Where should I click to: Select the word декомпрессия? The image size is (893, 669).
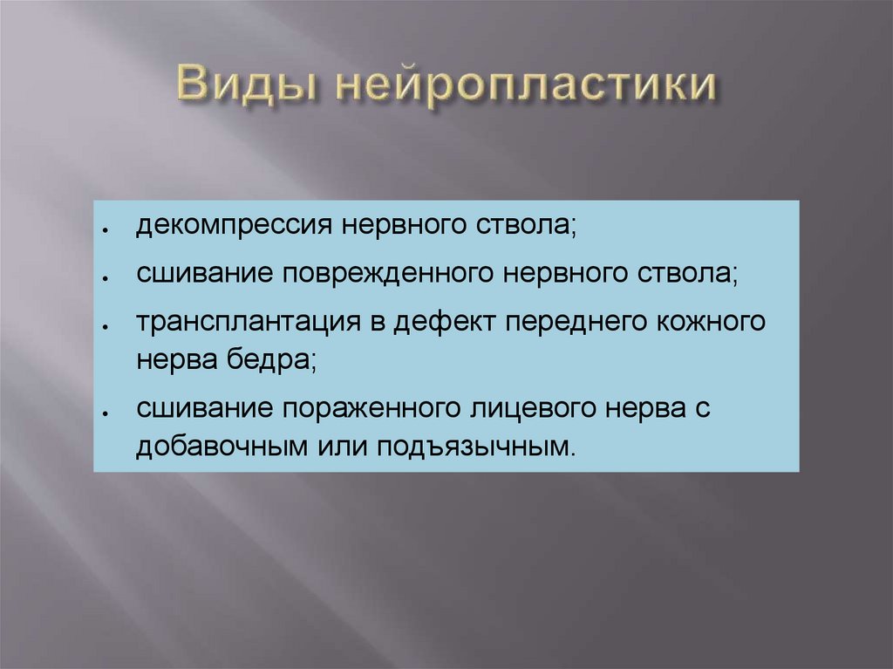232,229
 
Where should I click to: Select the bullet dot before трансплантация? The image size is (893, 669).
104,324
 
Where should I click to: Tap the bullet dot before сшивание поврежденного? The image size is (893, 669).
104,277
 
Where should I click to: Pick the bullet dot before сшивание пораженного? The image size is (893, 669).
104,411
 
